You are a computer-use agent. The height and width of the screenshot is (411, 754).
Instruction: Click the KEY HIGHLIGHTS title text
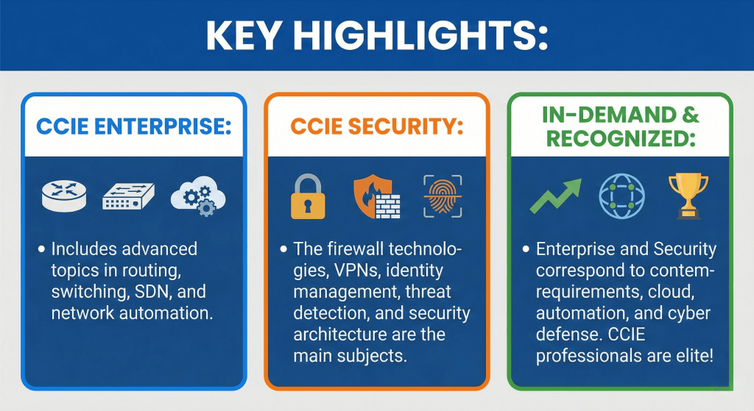tap(377, 35)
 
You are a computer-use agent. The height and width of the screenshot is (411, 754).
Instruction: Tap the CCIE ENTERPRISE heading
tap(134, 126)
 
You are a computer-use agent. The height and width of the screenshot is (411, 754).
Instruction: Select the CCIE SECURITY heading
tap(376, 126)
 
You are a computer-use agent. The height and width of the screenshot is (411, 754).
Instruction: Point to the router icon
tap(64, 196)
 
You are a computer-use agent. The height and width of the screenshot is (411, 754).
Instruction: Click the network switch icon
tap(128, 196)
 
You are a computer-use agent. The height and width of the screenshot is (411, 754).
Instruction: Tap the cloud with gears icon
tap(199, 196)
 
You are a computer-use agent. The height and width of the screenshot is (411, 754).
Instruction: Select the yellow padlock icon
tap(308, 196)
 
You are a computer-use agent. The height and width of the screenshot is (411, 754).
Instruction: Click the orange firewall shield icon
tap(376, 196)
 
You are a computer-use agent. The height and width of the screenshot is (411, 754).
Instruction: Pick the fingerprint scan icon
tap(443, 196)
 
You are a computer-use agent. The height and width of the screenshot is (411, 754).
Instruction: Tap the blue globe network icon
tap(621, 196)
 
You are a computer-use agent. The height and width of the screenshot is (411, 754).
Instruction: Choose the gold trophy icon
tap(688, 196)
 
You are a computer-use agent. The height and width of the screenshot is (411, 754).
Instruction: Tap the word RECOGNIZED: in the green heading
tap(621, 139)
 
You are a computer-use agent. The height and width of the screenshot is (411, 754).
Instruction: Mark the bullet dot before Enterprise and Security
tap(526, 249)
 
